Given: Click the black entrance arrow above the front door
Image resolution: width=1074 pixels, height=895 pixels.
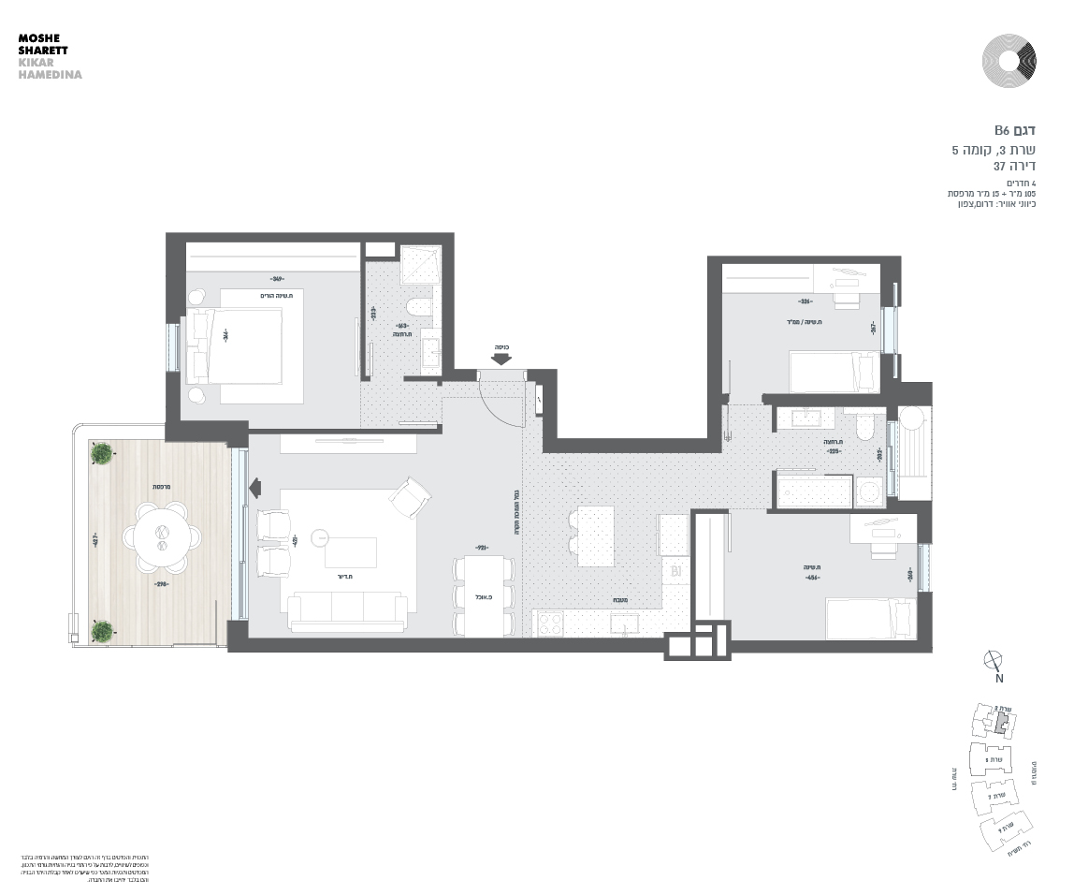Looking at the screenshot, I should [501, 358].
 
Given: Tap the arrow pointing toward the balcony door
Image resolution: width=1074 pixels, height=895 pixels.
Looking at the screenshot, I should [255, 487].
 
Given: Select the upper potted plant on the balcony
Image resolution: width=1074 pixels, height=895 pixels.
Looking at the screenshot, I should [100, 454].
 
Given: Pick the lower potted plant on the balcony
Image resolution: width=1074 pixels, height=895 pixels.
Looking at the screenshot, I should [101, 630].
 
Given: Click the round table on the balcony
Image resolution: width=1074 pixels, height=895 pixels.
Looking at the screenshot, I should [161, 536].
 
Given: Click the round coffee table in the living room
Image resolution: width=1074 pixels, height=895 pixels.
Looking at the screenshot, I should [321, 537].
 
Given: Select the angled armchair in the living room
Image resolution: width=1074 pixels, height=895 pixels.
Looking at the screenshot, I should [410, 498].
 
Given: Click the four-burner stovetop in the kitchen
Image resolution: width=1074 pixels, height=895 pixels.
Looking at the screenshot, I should [548, 624].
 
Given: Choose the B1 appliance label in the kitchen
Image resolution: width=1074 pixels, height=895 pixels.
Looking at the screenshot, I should [675, 568].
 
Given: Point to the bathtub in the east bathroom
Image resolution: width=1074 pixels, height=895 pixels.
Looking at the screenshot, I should [813, 491].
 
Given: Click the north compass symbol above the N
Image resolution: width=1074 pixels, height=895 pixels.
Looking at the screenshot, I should [994, 660].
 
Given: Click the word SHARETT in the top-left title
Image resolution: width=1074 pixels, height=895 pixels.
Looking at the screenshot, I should [43, 51].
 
